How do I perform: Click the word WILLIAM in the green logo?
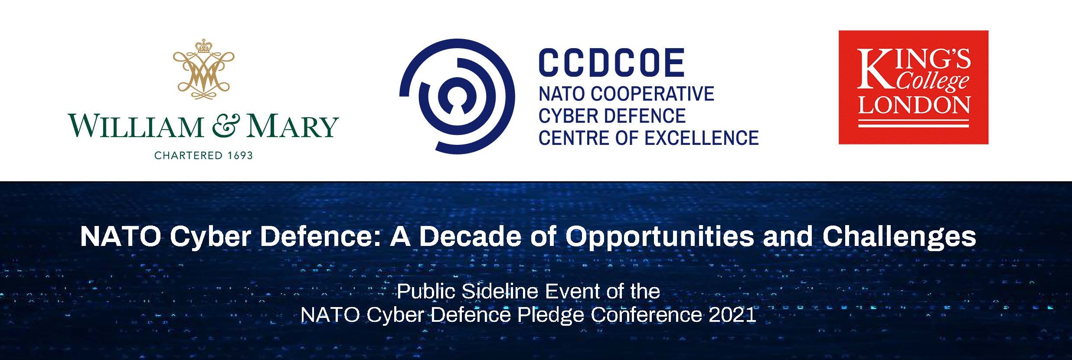(136, 126)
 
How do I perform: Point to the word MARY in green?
(293, 126)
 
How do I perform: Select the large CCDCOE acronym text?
(611, 63)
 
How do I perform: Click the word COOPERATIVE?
(652, 94)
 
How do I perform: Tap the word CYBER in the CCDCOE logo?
(565, 116)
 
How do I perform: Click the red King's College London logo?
(913, 87)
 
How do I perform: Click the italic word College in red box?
(932, 82)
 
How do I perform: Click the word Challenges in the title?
(899, 237)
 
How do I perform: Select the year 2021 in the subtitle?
(732, 315)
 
